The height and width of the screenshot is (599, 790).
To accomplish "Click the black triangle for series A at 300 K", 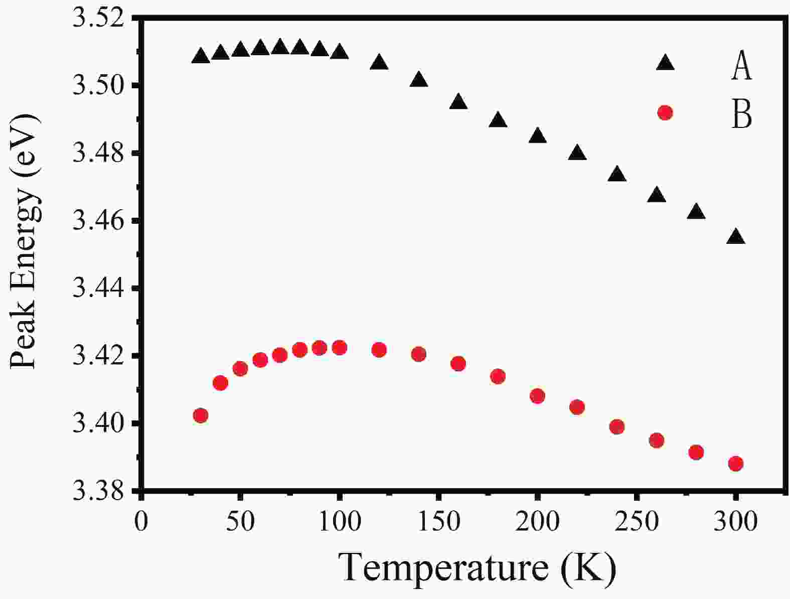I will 736,237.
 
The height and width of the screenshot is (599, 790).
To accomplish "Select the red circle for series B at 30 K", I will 201,415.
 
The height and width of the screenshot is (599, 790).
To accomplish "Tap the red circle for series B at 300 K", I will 736,464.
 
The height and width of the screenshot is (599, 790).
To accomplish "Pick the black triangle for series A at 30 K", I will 201,56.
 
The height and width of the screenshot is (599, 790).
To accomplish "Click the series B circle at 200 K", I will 537,396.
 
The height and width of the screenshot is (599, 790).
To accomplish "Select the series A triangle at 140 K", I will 419,80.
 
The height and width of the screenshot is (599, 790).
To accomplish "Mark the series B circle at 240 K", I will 616,427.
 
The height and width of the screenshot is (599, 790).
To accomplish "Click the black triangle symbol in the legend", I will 665,63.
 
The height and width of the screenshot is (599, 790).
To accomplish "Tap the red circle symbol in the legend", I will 665,113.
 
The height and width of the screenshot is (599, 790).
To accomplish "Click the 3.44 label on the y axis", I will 99,289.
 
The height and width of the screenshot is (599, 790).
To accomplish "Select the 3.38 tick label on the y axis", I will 99,492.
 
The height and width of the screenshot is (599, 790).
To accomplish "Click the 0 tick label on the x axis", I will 142,522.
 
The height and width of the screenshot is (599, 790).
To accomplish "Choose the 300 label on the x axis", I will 736,522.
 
